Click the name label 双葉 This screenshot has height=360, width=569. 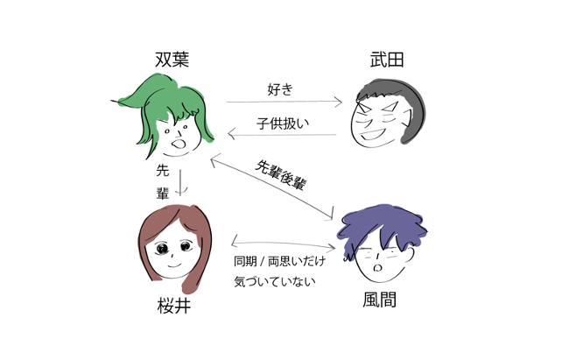[x=172, y=60]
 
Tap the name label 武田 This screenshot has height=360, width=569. [x=387, y=60]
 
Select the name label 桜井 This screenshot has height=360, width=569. [x=174, y=306]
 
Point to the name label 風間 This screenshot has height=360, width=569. [x=379, y=300]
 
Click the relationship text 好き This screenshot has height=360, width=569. [x=280, y=89]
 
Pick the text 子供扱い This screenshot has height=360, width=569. [x=283, y=124]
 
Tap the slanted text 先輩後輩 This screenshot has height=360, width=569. [x=280, y=175]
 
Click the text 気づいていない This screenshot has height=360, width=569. [x=274, y=281]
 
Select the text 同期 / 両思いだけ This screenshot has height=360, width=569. [x=279, y=261]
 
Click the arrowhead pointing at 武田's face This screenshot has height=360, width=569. [x=339, y=102]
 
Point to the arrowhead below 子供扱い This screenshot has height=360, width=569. [x=232, y=134]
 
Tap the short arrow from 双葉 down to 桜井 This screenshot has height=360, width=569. [x=180, y=182]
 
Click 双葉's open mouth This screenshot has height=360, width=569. [x=179, y=144]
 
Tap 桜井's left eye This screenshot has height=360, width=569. [x=162, y=249]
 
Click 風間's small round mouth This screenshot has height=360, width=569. [x=378, y=268]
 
